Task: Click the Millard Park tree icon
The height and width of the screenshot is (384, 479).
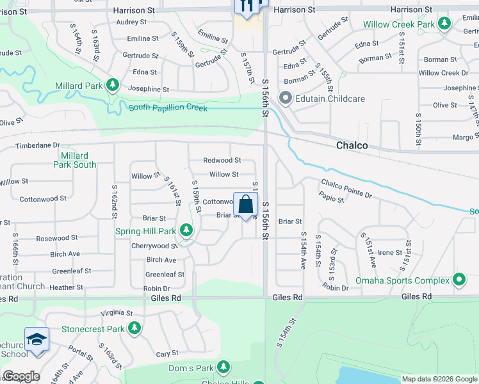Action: click(113, 85)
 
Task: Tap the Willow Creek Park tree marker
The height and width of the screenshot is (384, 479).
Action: click(443, 24)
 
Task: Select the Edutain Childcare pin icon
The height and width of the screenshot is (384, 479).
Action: click(284, 99)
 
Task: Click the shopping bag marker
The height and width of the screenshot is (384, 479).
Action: click(245, 205)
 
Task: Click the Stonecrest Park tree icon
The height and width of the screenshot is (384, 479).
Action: click(134, 329)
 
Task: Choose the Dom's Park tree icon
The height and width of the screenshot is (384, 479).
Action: click(223, 367)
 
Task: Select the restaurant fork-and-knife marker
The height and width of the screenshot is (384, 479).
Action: click(247, 6)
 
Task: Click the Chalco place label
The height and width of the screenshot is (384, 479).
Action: click(352, 145)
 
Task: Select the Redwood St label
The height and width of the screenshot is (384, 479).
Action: click(222, 160)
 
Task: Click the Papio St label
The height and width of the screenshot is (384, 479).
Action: click(332, 199)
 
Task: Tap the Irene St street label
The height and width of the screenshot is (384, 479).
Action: click(389, 253)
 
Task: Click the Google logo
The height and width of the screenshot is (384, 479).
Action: click(20, 376)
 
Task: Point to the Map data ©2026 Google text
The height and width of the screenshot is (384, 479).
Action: click(439, 379)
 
